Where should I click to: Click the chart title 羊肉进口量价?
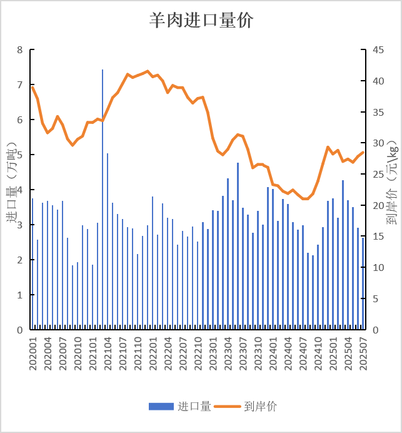pos(201,20)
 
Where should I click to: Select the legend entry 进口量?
pos(181,407)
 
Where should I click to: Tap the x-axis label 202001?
pos(33,354)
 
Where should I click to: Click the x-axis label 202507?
pos(363,354)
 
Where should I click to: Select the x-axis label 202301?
pos(213,354)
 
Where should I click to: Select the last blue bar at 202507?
pos(363,285)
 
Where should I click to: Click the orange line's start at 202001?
pos(33,87)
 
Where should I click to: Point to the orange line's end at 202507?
pos(363,153)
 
